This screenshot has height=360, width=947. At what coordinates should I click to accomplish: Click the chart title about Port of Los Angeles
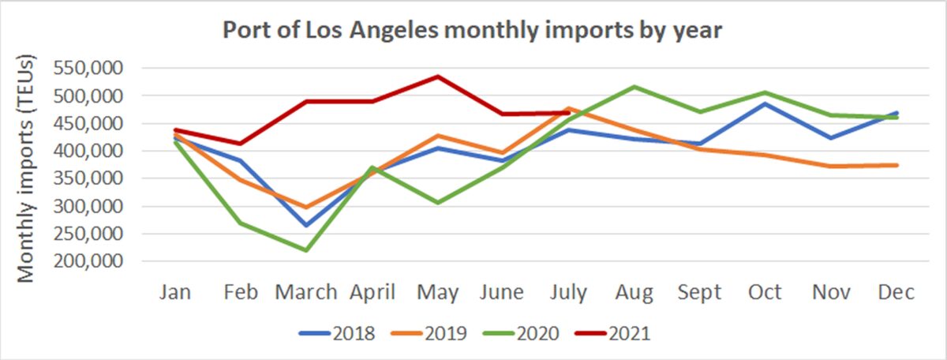point(473,31)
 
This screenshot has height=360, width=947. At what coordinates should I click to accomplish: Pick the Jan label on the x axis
point(175,293)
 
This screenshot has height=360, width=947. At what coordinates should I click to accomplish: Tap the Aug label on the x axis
point(634,293)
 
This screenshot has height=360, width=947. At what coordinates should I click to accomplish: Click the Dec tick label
point(896,293)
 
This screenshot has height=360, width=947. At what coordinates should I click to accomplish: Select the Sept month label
point(700,293)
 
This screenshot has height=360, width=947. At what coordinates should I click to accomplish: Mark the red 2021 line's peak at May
point(438,77)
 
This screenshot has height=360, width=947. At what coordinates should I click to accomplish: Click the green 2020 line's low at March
point(305,250)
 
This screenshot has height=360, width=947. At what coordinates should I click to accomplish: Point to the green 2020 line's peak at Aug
point(634,87)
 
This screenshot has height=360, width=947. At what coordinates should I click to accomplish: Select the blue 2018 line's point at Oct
point(765,103)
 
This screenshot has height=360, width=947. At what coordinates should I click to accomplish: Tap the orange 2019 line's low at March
point(305,208)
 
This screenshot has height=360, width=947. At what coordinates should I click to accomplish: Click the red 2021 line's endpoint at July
point(569,112)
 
